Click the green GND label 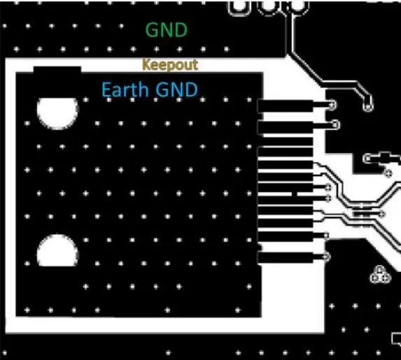[167, 30]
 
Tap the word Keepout [170, 64]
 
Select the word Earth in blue [125, 89]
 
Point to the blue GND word [177, 89]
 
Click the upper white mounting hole [57, 113]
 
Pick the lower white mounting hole [57, 251]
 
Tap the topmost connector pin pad [285, 106]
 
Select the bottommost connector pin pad [285, 257]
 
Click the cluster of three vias [380, 275]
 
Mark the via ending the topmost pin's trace [332, 105]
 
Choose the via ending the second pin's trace [335, 125]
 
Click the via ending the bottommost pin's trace [326, 257]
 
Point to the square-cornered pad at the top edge [239, 7]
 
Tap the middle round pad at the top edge [269, 7]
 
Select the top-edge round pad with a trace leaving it [297, 7]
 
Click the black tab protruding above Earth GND [57, 69]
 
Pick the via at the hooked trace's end [368, 106]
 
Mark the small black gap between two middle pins [295, 194]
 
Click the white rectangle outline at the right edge [396, 338]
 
